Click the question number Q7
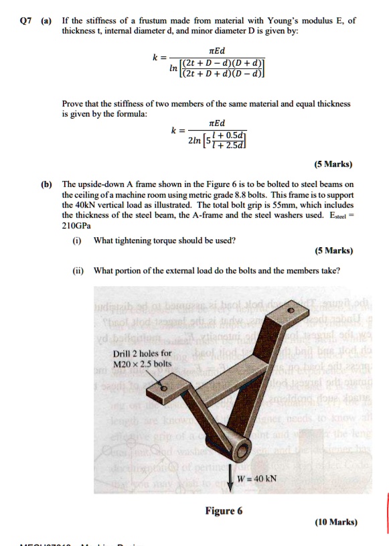pos(25,21)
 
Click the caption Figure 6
pos(224,510)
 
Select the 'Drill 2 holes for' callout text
pos(142,353)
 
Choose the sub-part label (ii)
pos(79,271)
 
